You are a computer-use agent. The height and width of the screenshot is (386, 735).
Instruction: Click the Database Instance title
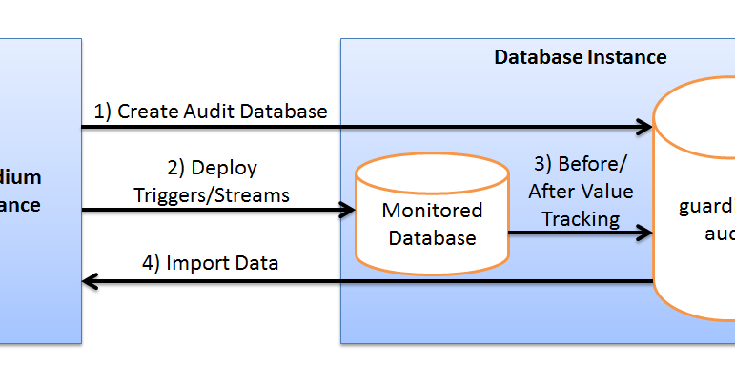580,57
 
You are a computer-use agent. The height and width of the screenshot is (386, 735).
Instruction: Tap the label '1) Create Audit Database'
211,112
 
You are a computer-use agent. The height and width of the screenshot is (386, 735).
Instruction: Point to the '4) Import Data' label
210,262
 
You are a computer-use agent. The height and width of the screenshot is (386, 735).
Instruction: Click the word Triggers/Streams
212,194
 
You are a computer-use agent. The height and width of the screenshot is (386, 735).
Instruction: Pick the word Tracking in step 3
581,218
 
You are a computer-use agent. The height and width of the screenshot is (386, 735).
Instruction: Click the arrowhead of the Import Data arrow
91,281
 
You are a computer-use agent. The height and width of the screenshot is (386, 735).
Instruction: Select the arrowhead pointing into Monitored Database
347,210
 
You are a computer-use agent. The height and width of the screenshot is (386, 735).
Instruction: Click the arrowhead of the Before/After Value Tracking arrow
644,232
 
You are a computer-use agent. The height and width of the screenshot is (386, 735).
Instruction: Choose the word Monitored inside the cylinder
432,211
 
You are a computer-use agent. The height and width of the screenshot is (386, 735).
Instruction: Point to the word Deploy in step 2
225,169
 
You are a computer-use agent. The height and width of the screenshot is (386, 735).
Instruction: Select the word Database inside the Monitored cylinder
432,238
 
